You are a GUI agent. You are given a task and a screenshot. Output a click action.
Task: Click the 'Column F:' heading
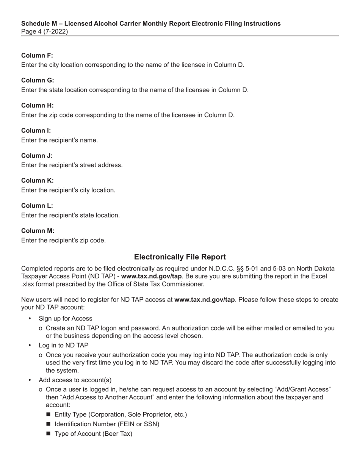coord(37,55)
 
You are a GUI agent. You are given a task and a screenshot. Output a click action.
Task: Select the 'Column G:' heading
coord(38,80)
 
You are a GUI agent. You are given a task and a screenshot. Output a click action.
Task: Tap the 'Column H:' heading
coord(38,105)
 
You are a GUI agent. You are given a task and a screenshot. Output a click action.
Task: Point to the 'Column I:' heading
coord(36,130)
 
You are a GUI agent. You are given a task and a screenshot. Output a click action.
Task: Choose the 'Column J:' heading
coord(37,155)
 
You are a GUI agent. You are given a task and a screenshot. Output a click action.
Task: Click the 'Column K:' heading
coord(38,180)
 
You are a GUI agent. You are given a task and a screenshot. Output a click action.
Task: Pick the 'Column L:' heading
coord(37,205)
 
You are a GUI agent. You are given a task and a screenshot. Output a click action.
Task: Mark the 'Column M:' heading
coord(38,230)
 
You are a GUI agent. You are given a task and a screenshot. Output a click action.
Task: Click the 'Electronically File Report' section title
coord(180,257)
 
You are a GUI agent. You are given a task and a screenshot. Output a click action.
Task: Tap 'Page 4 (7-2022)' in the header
coord(45,31)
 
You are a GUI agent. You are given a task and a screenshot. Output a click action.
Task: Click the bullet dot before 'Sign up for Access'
coord(30,318)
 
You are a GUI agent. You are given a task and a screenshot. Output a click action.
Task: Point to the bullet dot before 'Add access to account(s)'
coord(30,380)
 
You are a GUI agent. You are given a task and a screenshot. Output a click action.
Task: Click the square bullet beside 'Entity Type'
coord(48,414)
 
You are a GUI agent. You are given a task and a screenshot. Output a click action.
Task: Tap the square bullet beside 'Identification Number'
coord(48,424)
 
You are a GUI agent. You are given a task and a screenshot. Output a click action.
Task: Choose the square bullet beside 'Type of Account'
coord(48,434)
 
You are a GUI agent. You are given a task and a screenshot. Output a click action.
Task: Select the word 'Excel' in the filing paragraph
coord(319,276)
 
